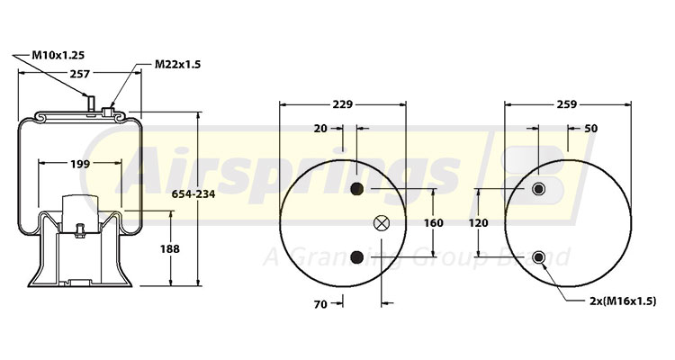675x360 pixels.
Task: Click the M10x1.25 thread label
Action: click(x=58, y=56)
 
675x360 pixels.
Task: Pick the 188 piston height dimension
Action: click(x=169, y=248)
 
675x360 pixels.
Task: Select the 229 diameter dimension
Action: click(x=341, y=105)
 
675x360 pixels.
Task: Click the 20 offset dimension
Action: click(x=321, y=130)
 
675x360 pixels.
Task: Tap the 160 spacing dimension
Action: click(x=434, y=223)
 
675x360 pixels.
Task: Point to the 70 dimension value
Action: click(x=320, y=305)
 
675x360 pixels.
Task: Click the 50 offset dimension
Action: click(x=591, y=130)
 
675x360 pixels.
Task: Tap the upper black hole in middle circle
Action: click(x=358, y=189)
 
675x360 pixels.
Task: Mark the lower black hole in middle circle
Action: click(x=358, y=258)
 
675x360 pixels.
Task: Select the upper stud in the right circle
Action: click(x=539, y=189)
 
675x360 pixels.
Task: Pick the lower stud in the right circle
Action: click(x=539, y=258)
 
